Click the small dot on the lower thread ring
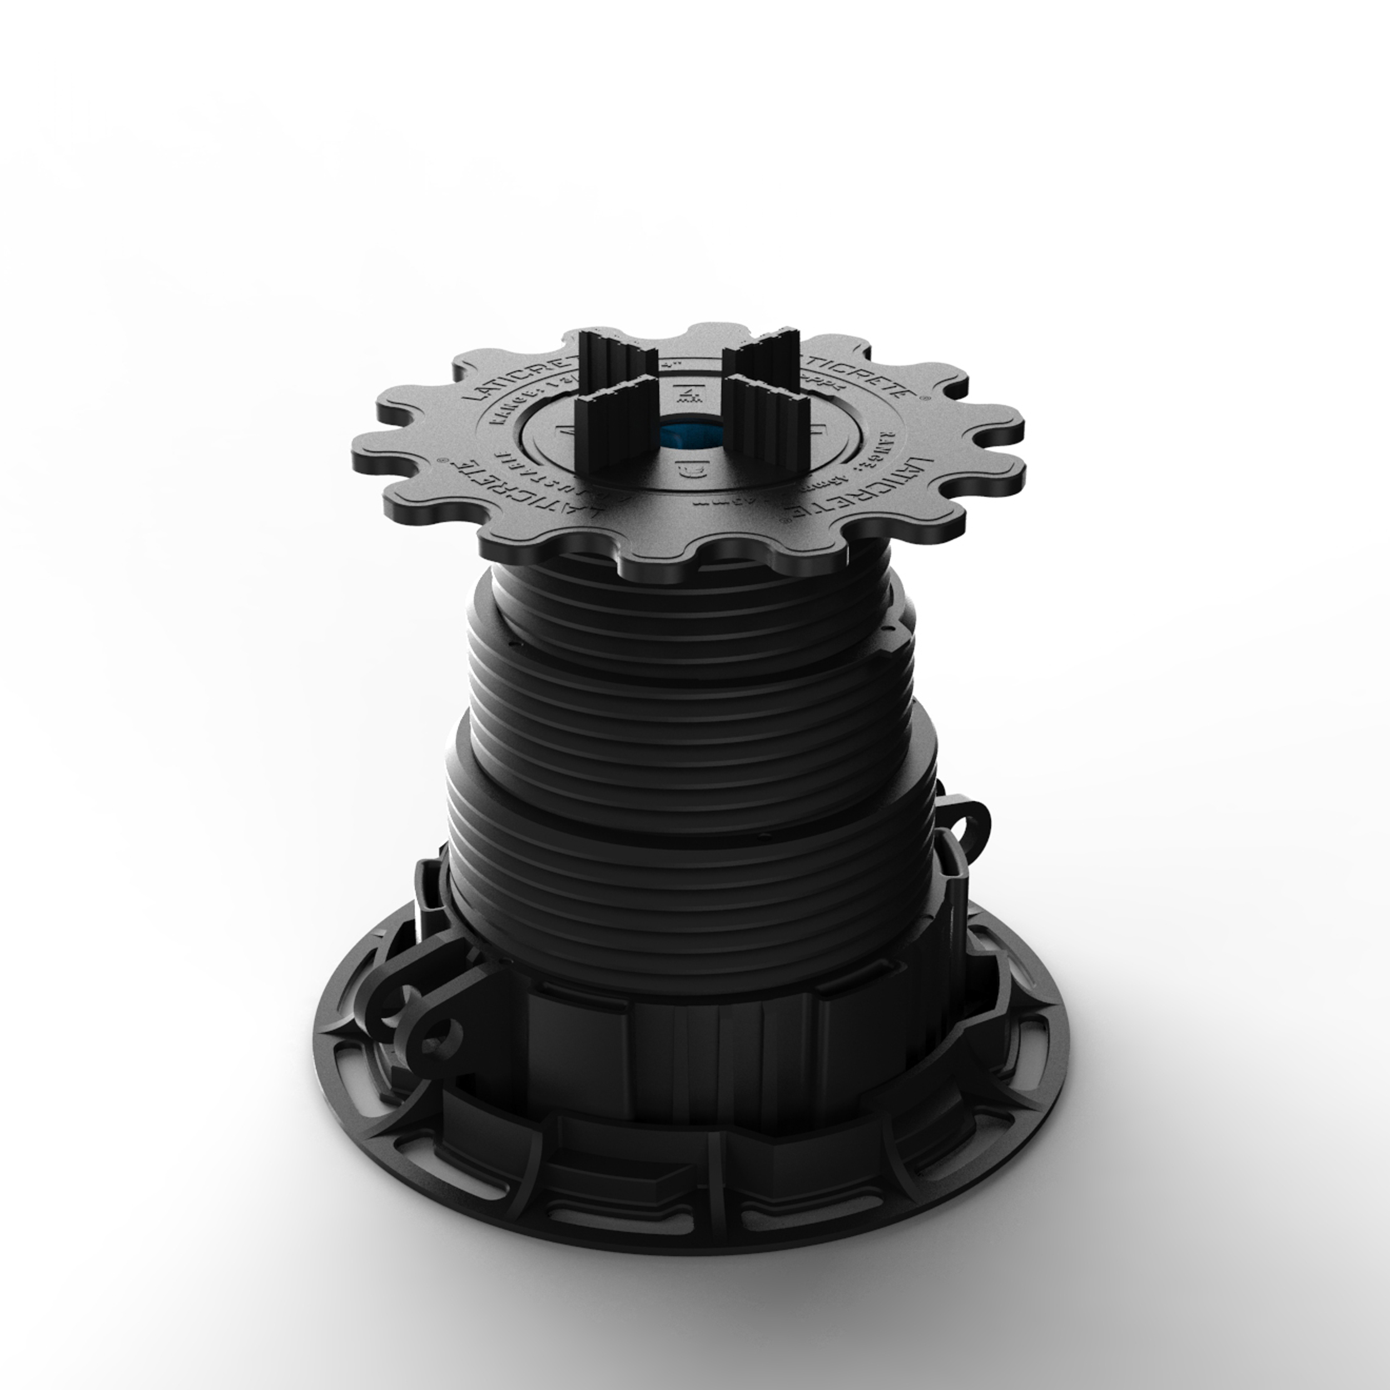(764, 837)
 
